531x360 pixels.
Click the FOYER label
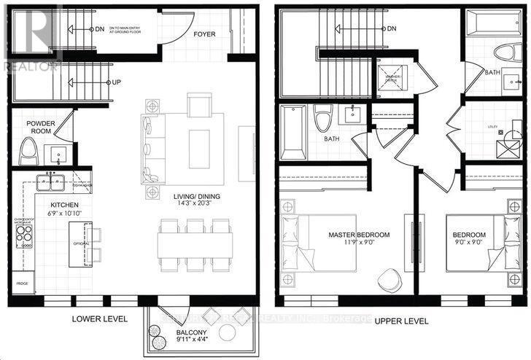coord(204,34)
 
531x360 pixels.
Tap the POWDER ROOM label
coord(41,127)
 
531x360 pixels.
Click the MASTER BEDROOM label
coord(359,235)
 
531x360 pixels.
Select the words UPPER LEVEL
coord(400,319)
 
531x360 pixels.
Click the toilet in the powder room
coord(27,151)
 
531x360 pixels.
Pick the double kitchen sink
coord(49,183)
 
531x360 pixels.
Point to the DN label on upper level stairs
coord(391,28)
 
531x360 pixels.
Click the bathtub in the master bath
coord(293,133)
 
